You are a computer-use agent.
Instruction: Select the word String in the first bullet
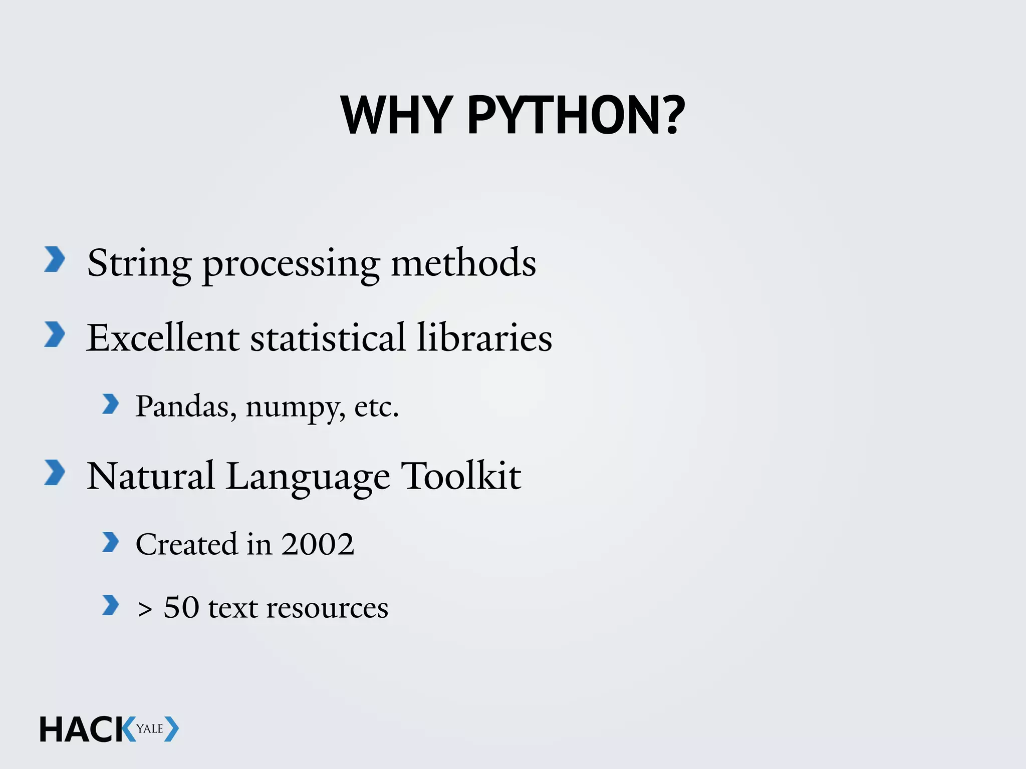tap(139, 264)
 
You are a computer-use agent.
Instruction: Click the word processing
tap(291, 264)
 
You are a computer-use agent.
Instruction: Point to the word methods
tap(463, 263)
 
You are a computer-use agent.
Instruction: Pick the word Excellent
tap(162, 338)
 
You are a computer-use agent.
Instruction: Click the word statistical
tap(328, 338)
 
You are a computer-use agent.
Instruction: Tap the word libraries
tap(484, 338)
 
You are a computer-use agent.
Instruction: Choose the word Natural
tap(150, 476)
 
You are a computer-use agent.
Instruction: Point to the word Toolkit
tap(461, 476)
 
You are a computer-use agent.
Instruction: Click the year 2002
tap(318, 544)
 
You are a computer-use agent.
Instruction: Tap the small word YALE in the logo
tap(150, 729)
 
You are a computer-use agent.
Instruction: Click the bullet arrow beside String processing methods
tap(55, 259)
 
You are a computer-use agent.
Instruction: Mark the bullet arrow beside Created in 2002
tap(110, 542)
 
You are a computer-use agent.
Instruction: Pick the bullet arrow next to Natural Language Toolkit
tap(55, 473)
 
